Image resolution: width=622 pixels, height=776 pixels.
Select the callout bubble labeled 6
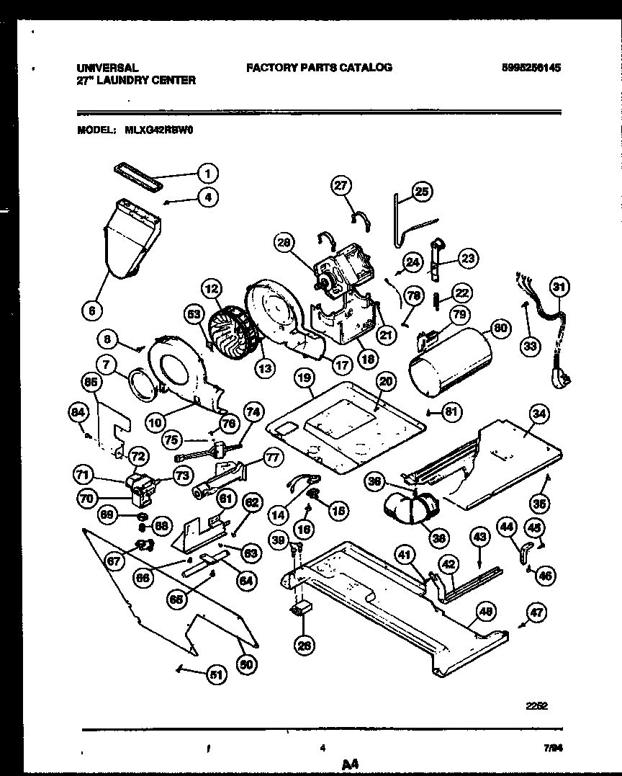[x=91, y=311]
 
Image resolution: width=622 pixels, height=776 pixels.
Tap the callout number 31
[x=559, y=287]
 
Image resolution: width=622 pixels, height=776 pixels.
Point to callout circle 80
[x=501, y=329]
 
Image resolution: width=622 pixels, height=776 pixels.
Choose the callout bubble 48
[x=487, y=612]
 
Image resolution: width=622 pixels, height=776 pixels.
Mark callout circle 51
[x=216, y=674]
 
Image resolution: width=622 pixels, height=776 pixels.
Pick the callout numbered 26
[x=305, y=646]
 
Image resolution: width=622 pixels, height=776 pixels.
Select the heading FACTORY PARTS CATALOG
[x=319, y=67]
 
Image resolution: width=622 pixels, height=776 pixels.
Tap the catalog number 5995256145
[x=531, y=68]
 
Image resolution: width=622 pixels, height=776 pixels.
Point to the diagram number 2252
[x=536, y=707]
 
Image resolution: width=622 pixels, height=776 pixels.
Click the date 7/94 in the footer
[x=554, y=749]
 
